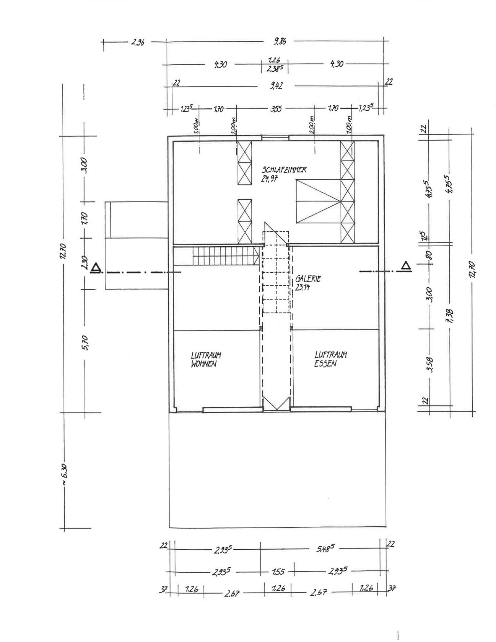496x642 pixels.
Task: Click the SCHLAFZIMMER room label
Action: pos(284,170)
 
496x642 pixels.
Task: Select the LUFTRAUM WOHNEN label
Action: pos(206,359)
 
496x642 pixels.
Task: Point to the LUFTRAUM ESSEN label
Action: pos(330,359)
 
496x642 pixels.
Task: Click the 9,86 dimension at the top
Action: pos(280,41)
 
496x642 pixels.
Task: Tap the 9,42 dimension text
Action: pos(276,86)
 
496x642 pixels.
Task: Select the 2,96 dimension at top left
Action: pos(138,42)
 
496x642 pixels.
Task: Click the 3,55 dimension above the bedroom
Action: pos(276,109)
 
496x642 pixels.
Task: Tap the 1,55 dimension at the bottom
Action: pos(278,572)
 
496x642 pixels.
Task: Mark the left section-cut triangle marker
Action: pos(96,267)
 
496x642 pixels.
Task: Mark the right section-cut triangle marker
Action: pos(406,265)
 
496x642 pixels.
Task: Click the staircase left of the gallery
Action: pos(226,255)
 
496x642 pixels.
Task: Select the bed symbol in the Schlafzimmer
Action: pos(318,201)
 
